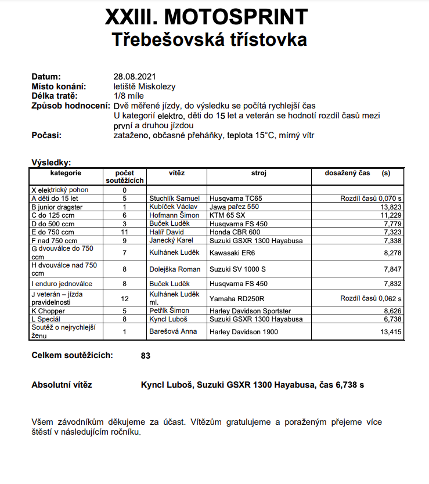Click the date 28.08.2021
tap(135, 77)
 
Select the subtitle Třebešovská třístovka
tap(209, 39)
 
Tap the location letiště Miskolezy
tap(145, 86)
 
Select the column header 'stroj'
tap(258, 173)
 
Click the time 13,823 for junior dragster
tap(390, 207)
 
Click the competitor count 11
tap(124, 232)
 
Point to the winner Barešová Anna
tap(173, 332)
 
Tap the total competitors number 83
tap(146, 356)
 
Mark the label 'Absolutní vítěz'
tap(62, 385)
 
